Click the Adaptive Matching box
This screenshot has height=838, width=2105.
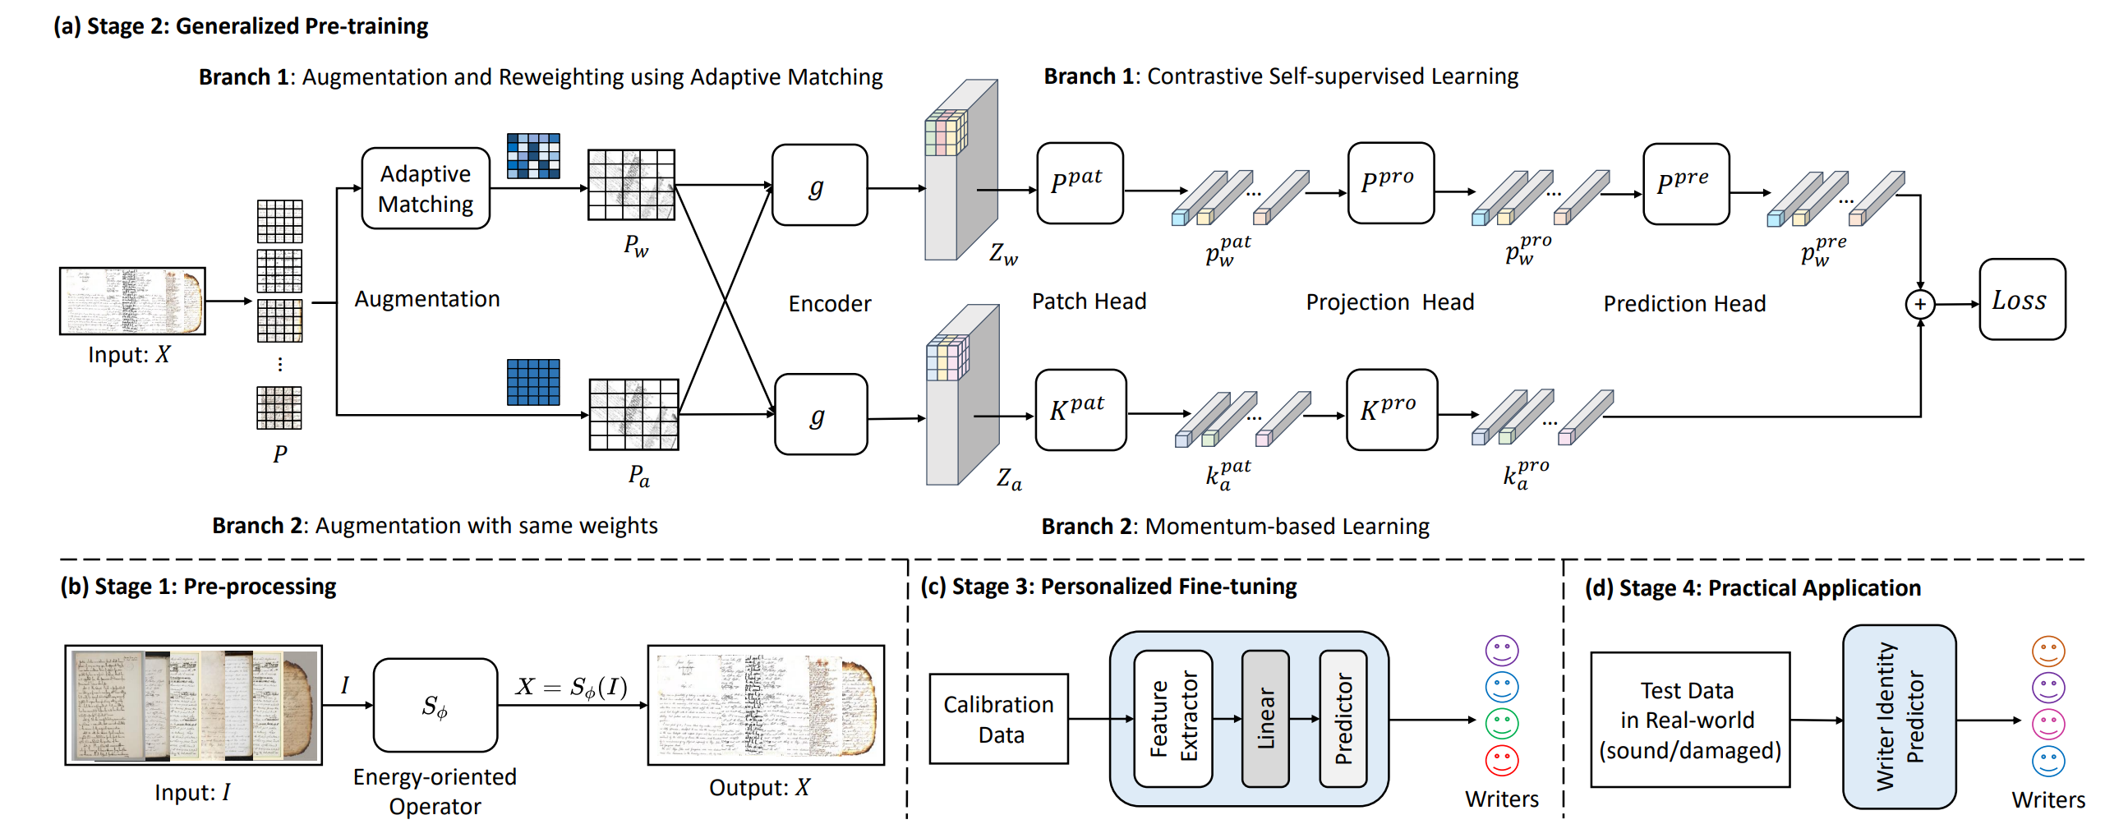coord(426,188)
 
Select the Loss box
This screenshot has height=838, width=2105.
coord(2021,300)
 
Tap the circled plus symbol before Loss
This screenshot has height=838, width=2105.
coord(1919,304)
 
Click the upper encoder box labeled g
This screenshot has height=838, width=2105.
coord(819,186)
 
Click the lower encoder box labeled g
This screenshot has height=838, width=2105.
coord(820,415)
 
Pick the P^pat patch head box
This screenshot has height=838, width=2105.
coord(1079,183)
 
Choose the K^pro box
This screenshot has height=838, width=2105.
coord(1391,410)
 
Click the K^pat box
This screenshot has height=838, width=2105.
coord(1080,410)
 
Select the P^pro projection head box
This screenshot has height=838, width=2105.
coord(1390,183)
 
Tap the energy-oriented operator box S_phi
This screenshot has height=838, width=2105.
coord(435,705)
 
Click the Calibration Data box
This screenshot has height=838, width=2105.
coord(998,719)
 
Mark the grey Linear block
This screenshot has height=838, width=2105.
coord(1264,719)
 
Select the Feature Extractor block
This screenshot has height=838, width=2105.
coord(1172,719)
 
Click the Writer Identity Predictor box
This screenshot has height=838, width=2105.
coord(1899,717)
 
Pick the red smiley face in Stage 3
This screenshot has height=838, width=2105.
coord(1501,760)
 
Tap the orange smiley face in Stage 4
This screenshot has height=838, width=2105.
coord(2047,651)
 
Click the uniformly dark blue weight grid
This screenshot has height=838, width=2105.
coord(533,382)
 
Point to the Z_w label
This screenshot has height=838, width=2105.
coord(1003,253)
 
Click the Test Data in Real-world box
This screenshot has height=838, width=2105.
coord(1689,720)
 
